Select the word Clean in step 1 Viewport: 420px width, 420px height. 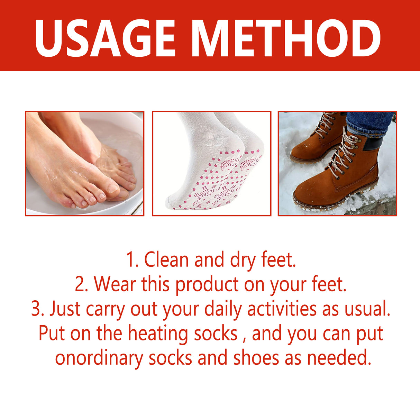coord(167,260)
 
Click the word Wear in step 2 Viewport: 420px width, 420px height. coord(115,284)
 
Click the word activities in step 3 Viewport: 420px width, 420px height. coord(282,309)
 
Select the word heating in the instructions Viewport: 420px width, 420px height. coord(158,334)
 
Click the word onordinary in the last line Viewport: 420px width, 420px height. coord(99,358)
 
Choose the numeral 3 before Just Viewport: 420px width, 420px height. coord(36,309)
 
